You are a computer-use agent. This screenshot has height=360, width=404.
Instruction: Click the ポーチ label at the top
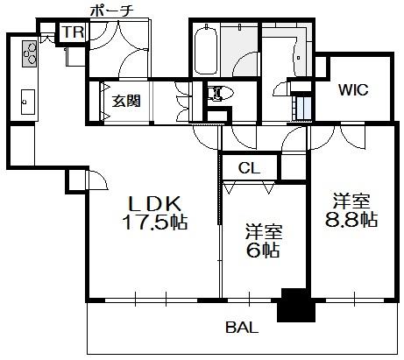[111, 11]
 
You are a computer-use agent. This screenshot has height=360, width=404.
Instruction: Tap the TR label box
[74, 32]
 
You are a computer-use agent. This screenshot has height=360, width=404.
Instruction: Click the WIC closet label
[353, 90]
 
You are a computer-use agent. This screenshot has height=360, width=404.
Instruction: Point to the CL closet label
[249, 168]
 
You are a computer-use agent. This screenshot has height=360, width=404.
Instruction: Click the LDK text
[155, 203]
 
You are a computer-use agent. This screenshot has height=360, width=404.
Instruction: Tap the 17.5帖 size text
[155, 222]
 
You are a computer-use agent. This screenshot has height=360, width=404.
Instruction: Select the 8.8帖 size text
[351, 219]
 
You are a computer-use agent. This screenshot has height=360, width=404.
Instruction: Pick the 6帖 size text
[263, 250]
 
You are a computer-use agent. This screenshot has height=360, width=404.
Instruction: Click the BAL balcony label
[242, 328]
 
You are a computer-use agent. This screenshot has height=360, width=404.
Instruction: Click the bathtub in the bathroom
[206, 51]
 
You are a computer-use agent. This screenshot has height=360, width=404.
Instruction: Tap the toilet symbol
[221, 93]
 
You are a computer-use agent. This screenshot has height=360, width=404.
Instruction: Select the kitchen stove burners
[30, 53]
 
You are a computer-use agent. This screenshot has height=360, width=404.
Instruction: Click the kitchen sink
[28, 102]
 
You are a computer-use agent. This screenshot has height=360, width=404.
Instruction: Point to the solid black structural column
[295, 305]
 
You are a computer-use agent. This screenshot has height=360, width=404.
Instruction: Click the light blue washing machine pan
[304, 108]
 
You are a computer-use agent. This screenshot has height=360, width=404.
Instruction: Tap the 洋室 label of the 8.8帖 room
[351, 201]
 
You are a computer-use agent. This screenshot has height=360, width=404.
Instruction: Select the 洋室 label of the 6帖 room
[264, 231]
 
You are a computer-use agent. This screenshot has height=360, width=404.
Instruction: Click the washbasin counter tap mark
[298, 58]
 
